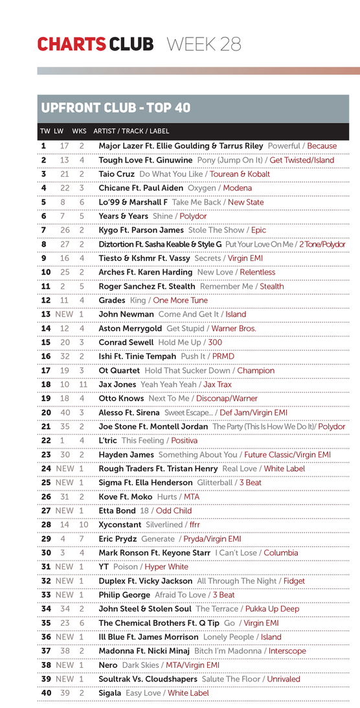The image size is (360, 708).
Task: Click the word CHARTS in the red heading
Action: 71,44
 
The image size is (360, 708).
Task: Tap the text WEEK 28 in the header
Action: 204,44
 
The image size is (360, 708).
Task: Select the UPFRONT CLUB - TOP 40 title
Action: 116,107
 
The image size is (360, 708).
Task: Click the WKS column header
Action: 79,131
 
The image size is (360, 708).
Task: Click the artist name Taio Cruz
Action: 116,174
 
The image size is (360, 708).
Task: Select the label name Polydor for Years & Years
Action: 193,216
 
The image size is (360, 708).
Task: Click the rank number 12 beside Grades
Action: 45,300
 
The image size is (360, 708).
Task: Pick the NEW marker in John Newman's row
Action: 64,314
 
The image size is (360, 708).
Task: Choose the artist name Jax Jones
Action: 118,384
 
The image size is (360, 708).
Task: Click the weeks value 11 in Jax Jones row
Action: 83,384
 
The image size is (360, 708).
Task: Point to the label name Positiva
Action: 185,441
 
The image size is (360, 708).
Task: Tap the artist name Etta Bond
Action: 117,511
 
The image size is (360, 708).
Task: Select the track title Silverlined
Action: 164,525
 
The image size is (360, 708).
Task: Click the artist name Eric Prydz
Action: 117,539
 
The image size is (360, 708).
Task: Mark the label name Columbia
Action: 281,553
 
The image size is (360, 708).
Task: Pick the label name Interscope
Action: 287,651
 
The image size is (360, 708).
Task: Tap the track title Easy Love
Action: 143,693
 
